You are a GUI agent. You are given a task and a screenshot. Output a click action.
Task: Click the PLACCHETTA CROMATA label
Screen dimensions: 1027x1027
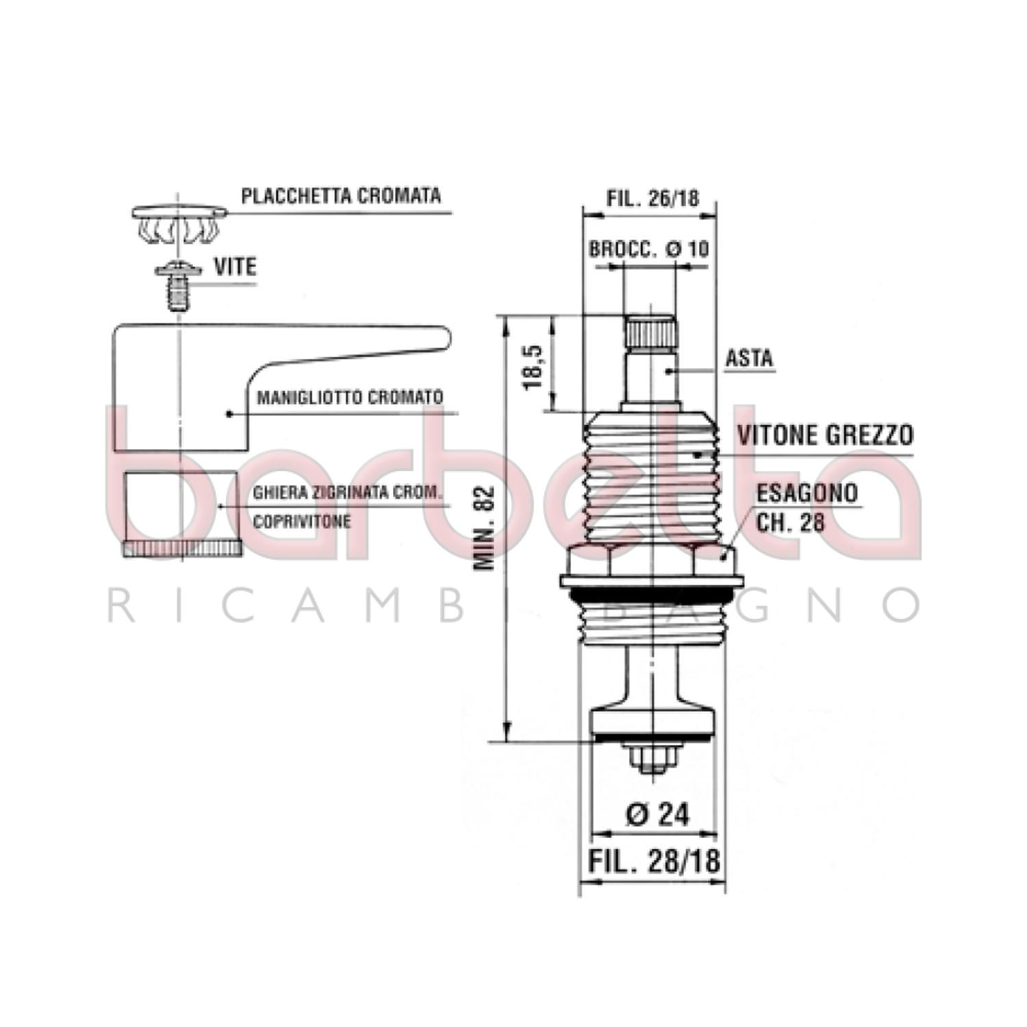click(x=341, y=196)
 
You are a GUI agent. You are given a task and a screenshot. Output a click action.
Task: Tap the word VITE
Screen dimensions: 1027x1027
click(x=236, y=267)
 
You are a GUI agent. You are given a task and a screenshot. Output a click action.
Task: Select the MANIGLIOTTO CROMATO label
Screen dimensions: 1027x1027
click(x=350, y=397)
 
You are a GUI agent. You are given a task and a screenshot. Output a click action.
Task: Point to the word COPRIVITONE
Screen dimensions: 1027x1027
click(x=302, y=521)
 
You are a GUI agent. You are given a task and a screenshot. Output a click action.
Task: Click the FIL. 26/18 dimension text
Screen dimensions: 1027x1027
click(x=653, y=197)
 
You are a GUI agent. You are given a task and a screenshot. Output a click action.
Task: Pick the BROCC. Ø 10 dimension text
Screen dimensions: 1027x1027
click(x=649, y=249)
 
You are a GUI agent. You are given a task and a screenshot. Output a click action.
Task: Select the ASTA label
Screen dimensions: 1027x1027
click(x=749, y=358)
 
